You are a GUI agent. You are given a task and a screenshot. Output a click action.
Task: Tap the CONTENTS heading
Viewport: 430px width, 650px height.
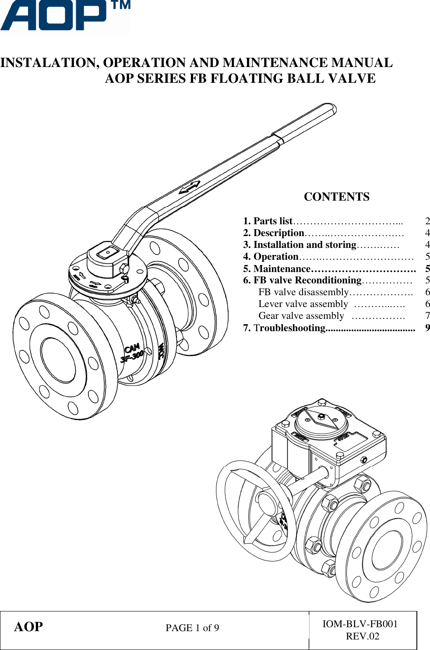pyautogui.click(x=336, y=197)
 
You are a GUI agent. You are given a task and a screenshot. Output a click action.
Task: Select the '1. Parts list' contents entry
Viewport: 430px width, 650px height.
pyautogui.click(x=268, y=221)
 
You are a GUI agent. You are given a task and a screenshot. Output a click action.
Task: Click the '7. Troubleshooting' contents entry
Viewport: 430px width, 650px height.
pyautogui.click(x=289, y=328)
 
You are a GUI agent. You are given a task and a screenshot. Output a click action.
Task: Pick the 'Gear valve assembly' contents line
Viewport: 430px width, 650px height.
pyautogui.click(x=301, y=316)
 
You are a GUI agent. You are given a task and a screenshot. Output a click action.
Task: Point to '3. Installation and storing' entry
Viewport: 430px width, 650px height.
pyautogui.click(x=300, y=245)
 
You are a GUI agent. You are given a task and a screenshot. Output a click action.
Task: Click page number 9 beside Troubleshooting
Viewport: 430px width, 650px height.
pyautogui.click(x=427, y=328)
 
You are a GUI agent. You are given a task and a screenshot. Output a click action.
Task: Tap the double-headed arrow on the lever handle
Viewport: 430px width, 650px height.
pyautogui.click(x=189, y=187)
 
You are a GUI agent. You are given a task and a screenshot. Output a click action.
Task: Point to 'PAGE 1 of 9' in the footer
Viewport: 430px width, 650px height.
pyautogui.click(x=192, y=628)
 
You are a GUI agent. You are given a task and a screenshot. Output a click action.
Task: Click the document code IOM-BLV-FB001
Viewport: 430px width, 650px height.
pyautogui.click(x=360, y=624)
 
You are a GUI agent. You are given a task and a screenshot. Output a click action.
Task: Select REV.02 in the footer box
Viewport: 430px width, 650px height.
pyautogui.click(x=363, y=636)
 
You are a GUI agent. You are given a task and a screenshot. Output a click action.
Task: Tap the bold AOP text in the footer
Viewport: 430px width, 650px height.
pyautogui.click(x=28, y=627)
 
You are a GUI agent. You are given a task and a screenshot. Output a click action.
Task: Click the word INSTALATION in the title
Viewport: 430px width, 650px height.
pyautogui.click(x=49, y=63)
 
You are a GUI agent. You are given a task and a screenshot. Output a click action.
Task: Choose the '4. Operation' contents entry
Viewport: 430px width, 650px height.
pyautogui.click(x=271, y=257)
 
